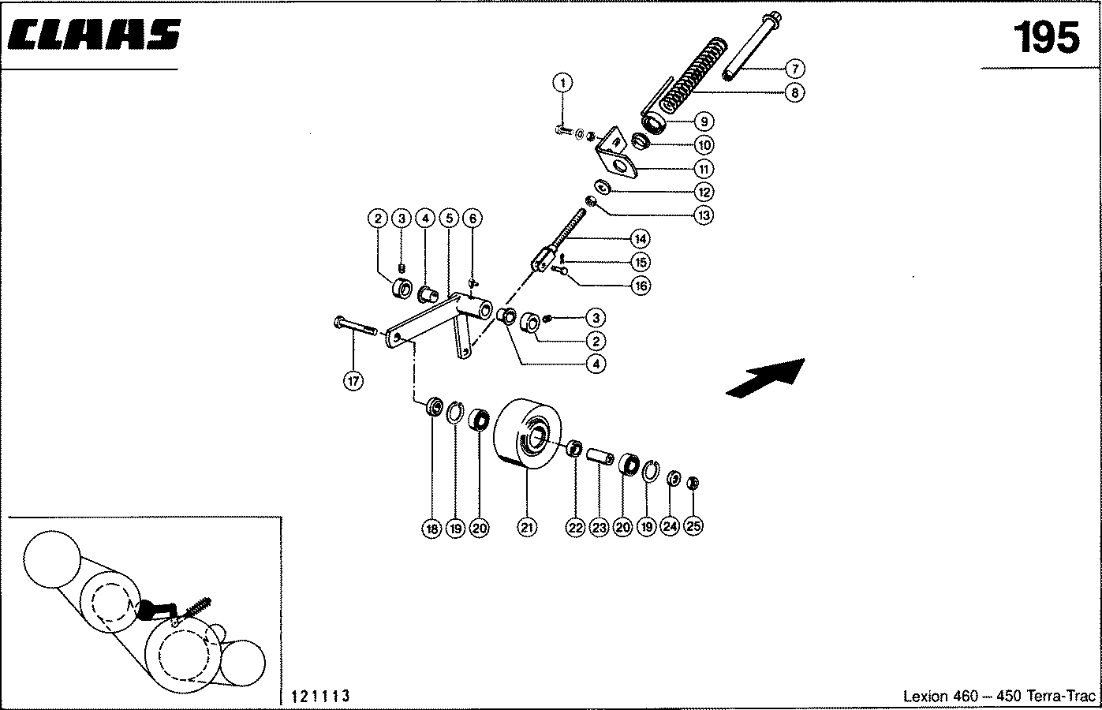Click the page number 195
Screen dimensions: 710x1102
click(1046, 37)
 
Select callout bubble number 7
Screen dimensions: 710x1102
click(794, 69)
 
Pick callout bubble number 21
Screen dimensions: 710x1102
click(527, 529)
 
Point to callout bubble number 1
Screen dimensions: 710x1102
click(562, 82)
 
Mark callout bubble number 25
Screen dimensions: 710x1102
click(693, 529)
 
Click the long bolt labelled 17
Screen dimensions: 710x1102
click(359, 326)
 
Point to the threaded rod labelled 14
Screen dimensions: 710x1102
click(568, 236)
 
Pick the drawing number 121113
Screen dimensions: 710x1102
click(320, 696)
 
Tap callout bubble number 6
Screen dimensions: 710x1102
click(472, 218)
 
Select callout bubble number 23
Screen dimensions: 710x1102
click(599, 529)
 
